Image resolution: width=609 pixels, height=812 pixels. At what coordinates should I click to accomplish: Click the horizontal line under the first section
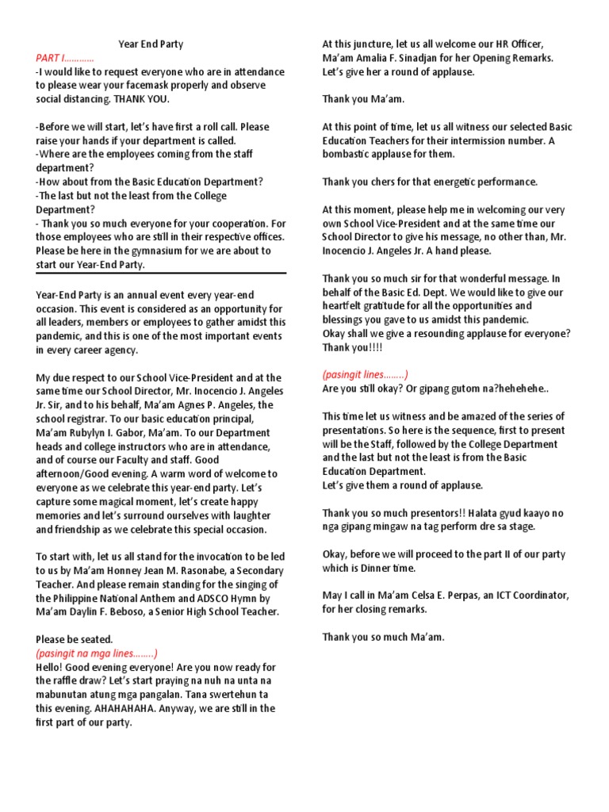(x=161, y=274)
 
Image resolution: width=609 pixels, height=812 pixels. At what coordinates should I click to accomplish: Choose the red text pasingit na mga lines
(x=97, y=653)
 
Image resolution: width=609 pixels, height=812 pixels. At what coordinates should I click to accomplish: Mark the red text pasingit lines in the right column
(x=365, y=374)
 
